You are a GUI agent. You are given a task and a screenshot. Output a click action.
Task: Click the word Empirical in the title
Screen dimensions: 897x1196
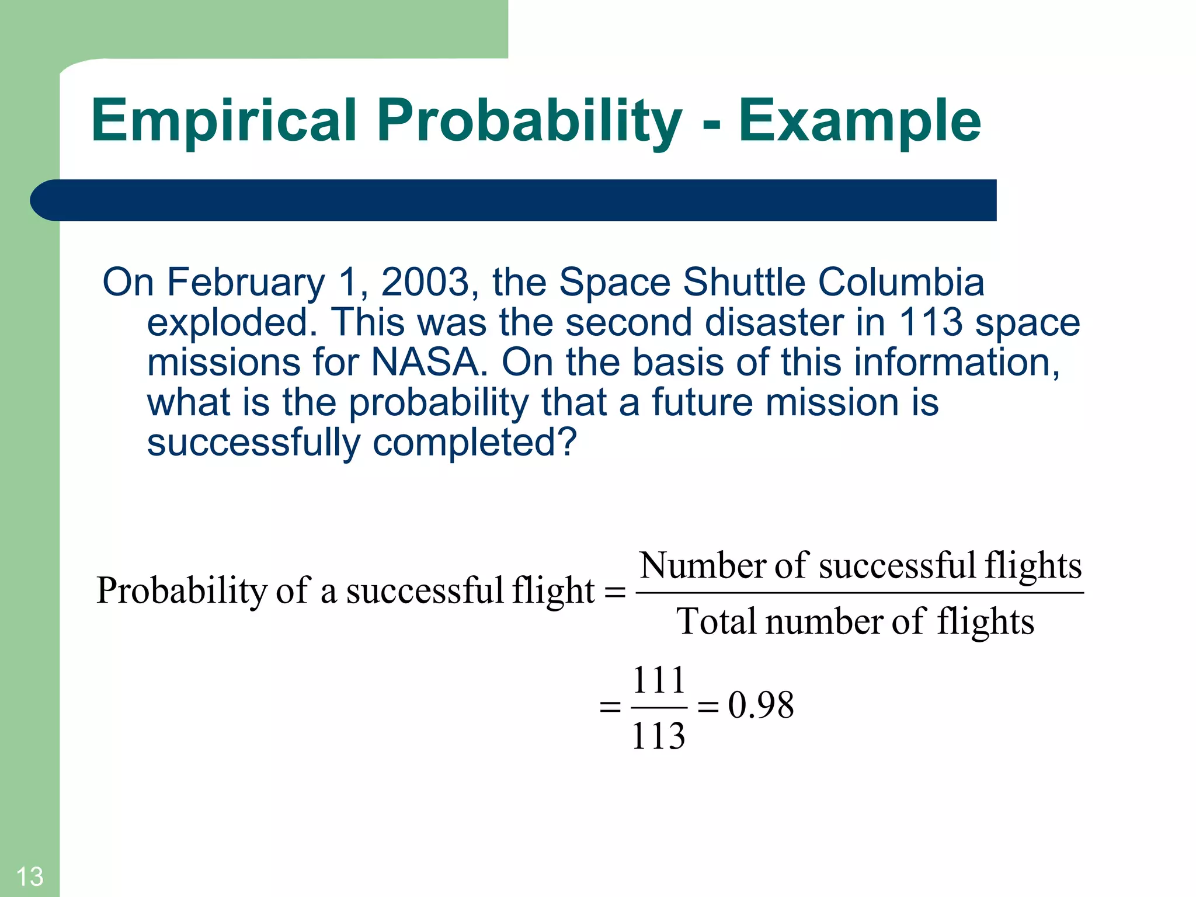pos(223,121)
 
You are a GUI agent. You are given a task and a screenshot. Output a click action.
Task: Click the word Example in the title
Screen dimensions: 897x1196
pos(860,121)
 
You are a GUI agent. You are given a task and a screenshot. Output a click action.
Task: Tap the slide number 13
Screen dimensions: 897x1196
pos(29,877)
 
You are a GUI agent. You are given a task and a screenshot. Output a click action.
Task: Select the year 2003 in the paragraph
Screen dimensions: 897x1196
pos(425,283)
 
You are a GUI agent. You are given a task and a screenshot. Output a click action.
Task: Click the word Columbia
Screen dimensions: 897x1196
pos(901,283)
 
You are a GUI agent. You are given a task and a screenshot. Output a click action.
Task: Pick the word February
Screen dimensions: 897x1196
pos(246,283)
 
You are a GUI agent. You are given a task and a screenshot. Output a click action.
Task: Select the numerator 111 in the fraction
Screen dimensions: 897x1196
pos(659,680)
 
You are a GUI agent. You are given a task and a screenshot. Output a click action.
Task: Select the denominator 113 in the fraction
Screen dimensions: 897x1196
pos(658,736)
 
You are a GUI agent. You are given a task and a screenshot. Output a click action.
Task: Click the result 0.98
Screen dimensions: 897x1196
pos(760,705)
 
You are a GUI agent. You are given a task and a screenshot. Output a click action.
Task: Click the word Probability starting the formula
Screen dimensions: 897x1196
pos(181,590)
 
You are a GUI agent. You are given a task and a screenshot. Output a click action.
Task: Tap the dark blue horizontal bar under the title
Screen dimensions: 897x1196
pos(514,200)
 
